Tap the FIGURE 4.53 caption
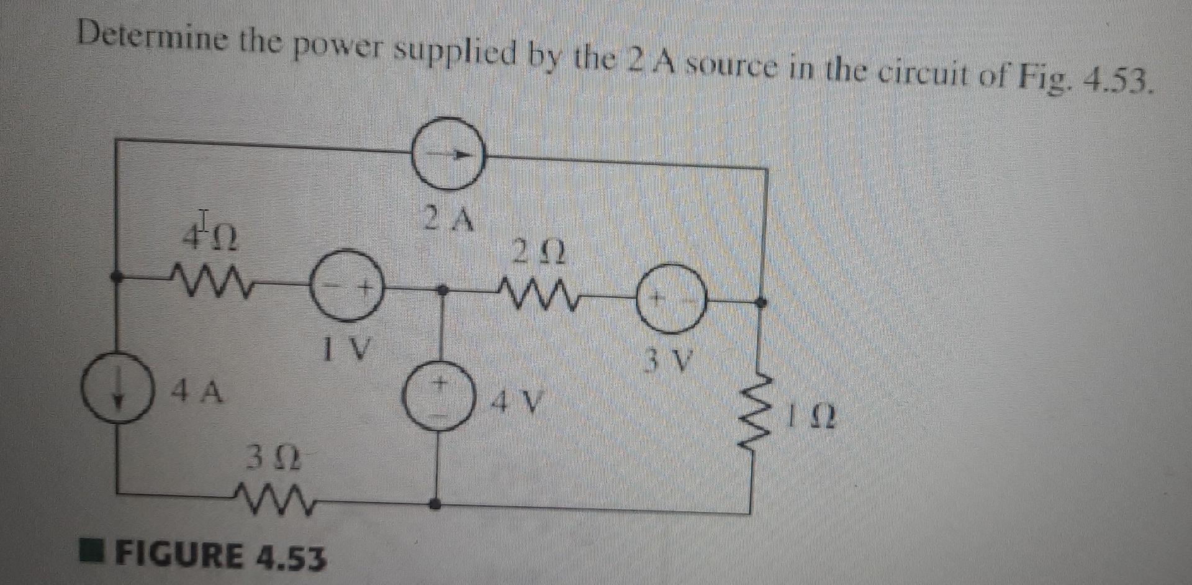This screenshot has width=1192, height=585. pos(220,556)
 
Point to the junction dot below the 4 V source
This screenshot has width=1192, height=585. pos(438,505)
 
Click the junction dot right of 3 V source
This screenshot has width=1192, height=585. pos(763,302)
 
